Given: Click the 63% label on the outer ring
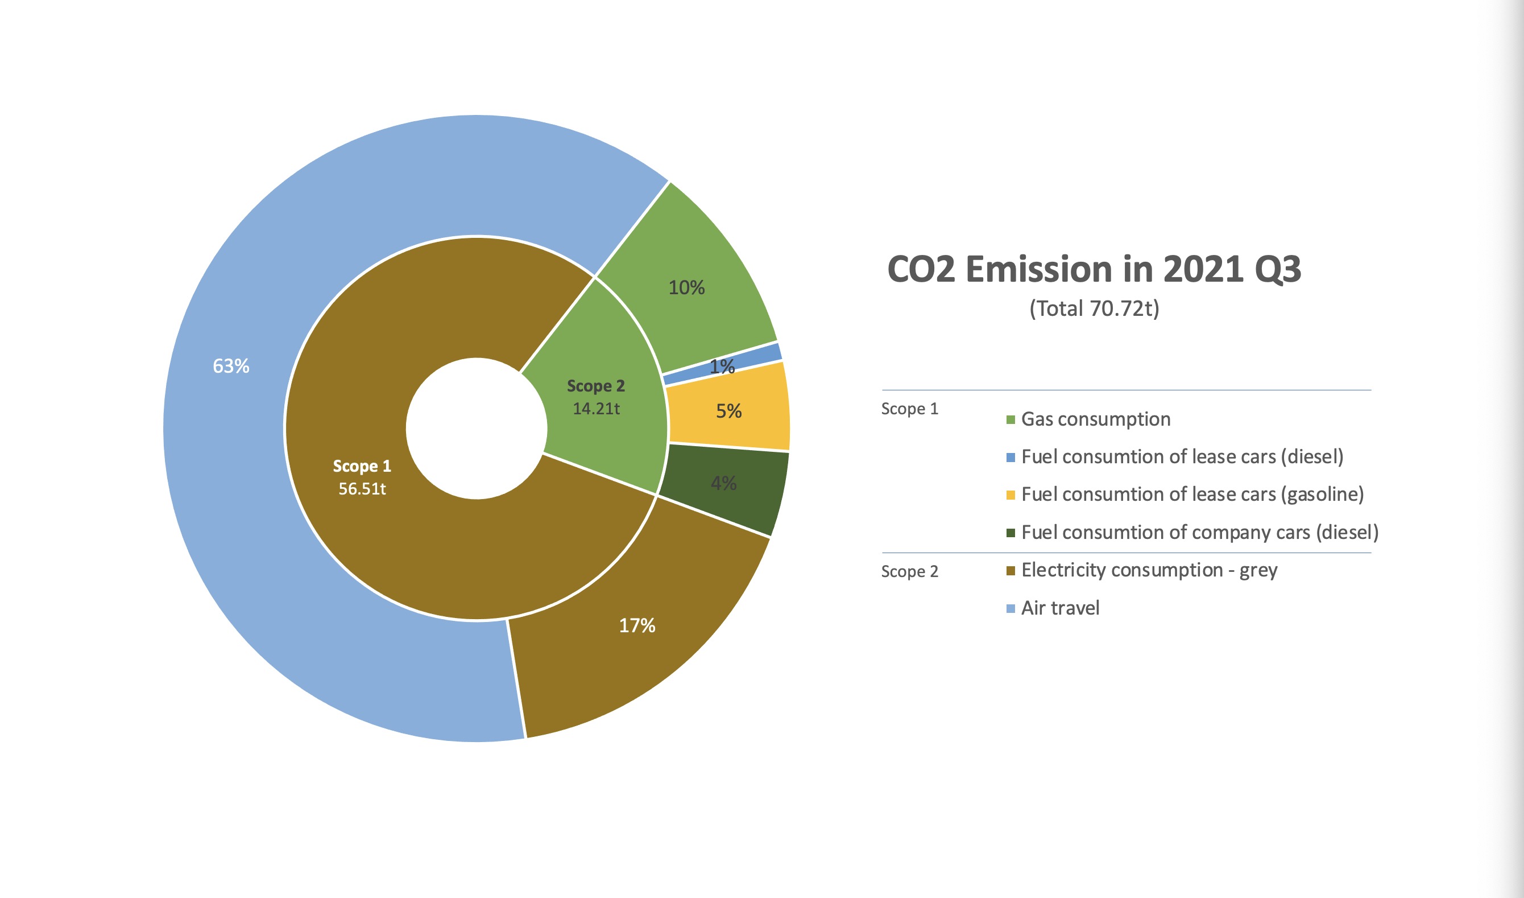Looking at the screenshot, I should click(x=231, y=366).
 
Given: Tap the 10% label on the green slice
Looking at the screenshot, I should click(x=686, y=287).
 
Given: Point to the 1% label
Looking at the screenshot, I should click(x=722, y=366).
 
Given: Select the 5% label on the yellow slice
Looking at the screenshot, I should click(x=729, y=411).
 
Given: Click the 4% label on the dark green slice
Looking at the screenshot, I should click(x=723, y=483).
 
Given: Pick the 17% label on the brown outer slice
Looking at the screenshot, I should click(x=637, y=625).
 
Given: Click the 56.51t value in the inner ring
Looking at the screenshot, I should click(x=362, y=488).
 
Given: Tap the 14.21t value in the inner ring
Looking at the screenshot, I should click(x=597, y=409).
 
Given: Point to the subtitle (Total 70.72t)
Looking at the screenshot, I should click(x=1094, y=308).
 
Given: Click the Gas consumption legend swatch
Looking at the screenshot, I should click(x=1011, y=420).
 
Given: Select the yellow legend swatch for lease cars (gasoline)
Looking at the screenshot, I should click(x=1011, y=496).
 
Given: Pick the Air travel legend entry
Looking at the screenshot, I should click(x=1060, y=608).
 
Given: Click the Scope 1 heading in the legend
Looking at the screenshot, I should click(x=909, y=409).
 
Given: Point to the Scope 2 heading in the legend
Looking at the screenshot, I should click(x=909, y=572).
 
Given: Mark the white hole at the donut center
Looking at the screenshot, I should click(x=477, y=429).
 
